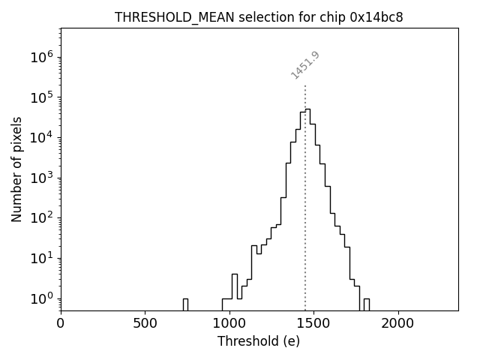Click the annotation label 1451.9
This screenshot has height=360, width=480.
[305, 65]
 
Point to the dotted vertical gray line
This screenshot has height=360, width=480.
[305, 225]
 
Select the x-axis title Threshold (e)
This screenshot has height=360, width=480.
[259, 341]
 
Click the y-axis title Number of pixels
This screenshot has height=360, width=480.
[16, 169]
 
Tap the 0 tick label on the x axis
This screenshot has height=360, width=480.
[61, 323]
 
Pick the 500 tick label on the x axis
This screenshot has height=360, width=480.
[145, 323]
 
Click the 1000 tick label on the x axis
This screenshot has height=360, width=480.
[229, 323]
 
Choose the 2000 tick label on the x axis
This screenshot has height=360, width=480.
[397, 323]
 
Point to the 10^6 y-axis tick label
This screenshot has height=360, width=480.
[43, 57]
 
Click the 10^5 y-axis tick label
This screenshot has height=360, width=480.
[43, 97]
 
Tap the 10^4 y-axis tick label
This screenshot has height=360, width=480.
[43, 137]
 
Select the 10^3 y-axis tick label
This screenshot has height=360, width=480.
[43, 178]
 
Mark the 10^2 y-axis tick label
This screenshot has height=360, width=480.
[43, 218]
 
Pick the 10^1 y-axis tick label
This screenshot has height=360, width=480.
[43, 258]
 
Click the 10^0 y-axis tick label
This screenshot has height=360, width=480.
[43, 298]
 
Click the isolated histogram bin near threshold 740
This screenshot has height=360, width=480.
[185, 304]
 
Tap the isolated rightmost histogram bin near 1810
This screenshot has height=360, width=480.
[366, 304]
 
